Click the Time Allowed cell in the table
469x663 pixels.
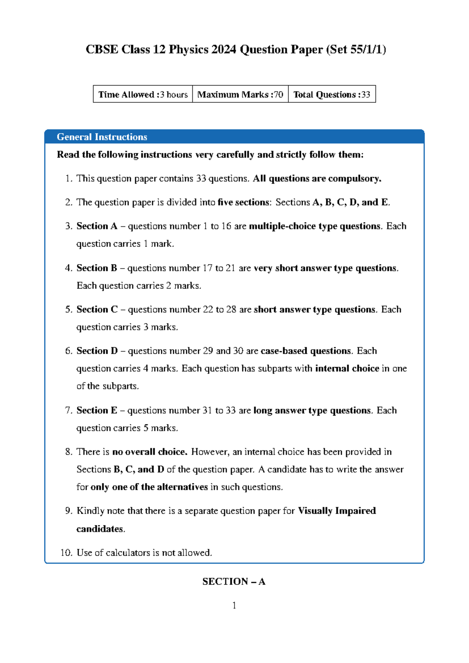tap(143, 94)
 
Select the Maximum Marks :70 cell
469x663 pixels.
tap(240, 94)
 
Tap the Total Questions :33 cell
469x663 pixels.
tap(331, 94)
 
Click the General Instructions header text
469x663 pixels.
tap(102, 137)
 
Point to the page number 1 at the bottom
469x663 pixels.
tap(234, 606)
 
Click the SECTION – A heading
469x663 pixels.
tap(234, 581)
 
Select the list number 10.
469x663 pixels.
tap(66, 552)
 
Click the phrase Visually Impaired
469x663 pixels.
tap(337, 511)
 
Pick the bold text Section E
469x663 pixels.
tap(97, 410)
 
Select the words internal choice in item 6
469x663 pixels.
tap(347, 368)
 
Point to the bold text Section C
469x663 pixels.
tap(97, 309)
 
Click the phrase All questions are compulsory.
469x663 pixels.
tap(317, 178)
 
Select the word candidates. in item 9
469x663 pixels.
tap(101, 529)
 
